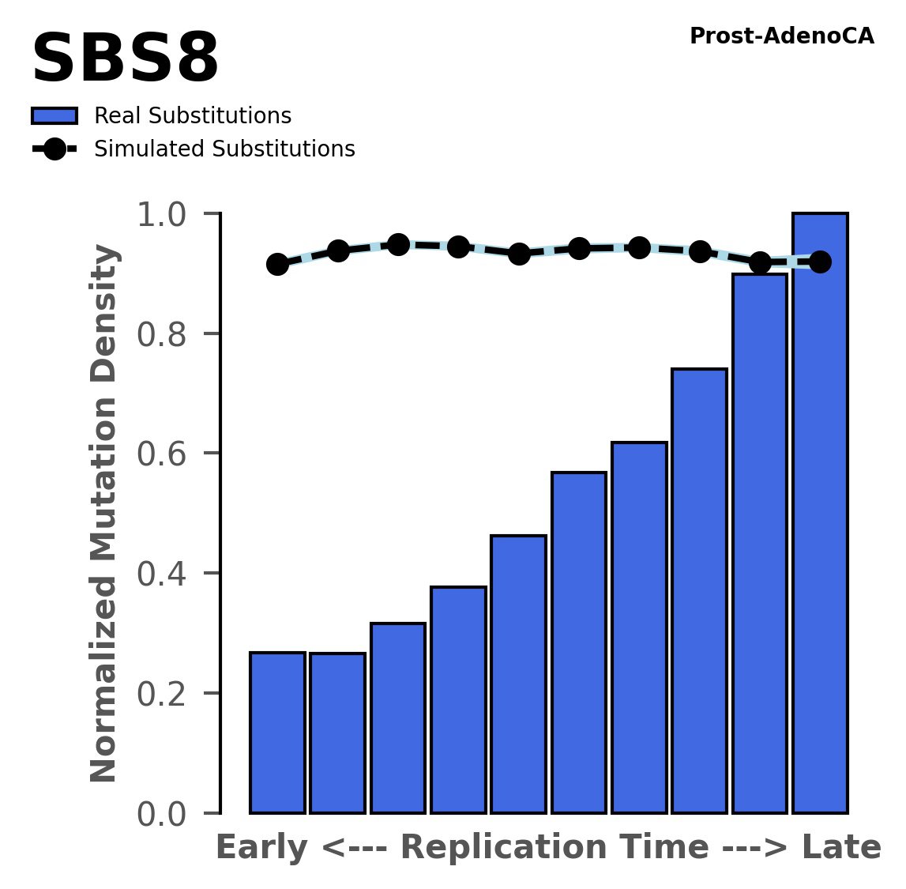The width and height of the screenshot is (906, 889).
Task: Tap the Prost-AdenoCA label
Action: [781, 36]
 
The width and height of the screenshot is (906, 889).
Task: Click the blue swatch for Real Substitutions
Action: [55, 116]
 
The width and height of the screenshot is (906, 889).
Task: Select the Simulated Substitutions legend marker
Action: [55, 149]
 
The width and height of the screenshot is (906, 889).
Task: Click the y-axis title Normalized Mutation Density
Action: [104, 514]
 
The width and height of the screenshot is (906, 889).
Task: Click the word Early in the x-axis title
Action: [260, 848]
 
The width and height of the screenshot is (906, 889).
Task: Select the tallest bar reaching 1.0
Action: [820, 537]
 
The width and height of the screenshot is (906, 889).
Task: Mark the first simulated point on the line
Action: [277, 264]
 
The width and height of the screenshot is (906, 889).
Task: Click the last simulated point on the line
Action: [820, 262]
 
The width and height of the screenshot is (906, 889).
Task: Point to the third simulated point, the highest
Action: [398, 244]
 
